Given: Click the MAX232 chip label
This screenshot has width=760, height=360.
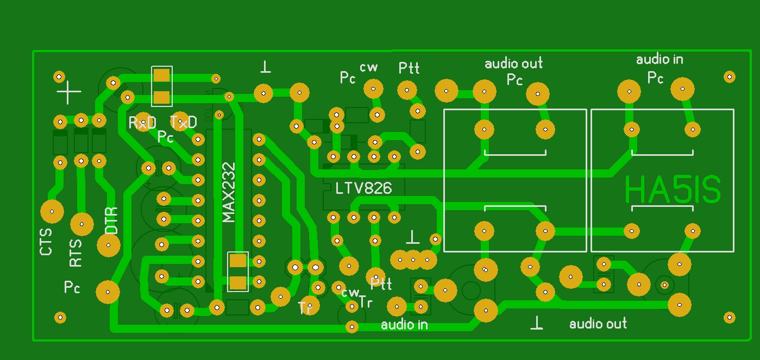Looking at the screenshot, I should pos(229,192).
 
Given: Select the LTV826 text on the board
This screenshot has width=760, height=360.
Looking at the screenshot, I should pos(363,188).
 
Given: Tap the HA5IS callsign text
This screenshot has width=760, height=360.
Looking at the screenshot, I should pos(673,190).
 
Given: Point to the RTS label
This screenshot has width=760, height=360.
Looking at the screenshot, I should pos(76,253).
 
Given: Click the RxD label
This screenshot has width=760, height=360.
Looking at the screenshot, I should pos(142,123).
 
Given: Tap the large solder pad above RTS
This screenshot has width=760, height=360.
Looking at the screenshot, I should pos(82,223).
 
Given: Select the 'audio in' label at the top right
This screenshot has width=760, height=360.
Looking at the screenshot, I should pos(659,59).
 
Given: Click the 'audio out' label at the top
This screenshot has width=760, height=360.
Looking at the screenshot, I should pos(513,64).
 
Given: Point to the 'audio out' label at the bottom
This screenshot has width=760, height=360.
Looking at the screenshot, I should pos(598,324).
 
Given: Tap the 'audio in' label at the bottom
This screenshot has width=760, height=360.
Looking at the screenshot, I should pos(404,325).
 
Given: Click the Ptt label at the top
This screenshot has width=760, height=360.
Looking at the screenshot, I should pos(409,68).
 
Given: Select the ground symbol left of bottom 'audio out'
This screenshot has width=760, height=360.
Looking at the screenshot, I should pos(537,323).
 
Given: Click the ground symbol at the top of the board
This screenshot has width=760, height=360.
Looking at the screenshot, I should pos(265,67).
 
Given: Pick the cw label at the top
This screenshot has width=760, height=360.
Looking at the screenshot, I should pos(369,67).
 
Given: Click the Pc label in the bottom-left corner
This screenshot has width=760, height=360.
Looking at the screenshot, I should pos(72,287).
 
